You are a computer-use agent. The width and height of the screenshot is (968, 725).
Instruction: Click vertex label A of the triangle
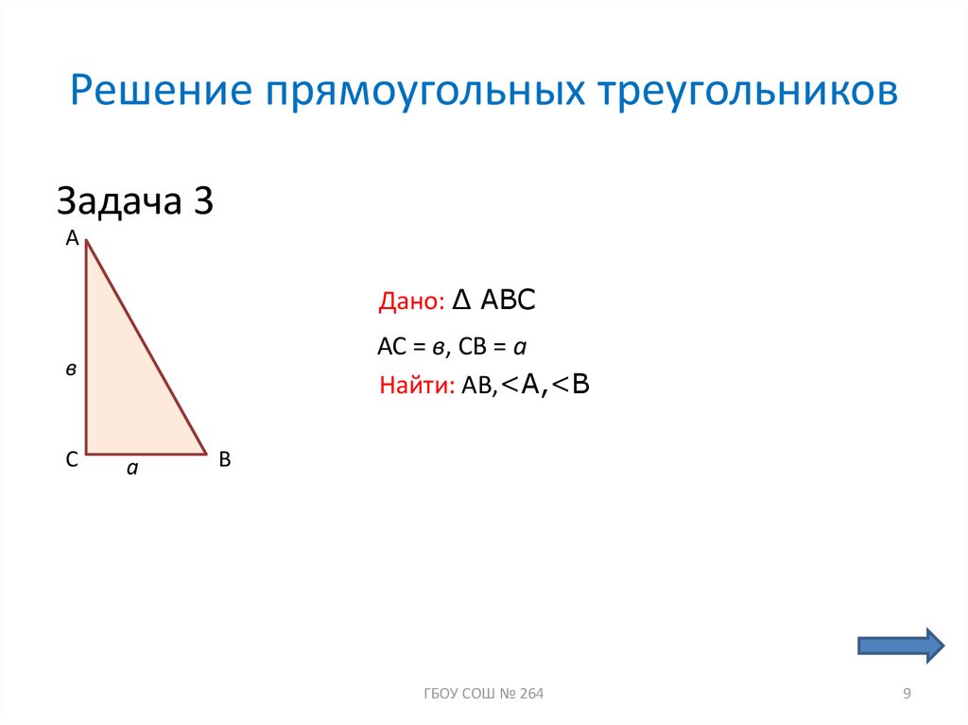(71, 240)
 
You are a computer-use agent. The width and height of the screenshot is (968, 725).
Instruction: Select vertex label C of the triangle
(71, 460)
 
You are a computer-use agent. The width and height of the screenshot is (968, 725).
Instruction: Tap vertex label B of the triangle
(225, 460)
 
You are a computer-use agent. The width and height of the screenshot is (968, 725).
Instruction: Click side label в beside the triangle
(71, 371)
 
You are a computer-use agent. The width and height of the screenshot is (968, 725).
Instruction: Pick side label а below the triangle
(133, 467)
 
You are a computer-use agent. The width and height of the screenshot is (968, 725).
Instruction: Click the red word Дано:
(410, 302)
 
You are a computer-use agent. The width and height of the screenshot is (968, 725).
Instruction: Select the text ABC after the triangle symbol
(509, 301)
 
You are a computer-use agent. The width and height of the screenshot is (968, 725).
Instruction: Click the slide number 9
(907, 695)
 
